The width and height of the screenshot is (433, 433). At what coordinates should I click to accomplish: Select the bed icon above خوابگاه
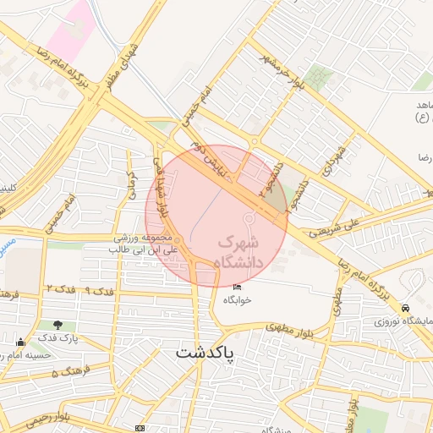pyautogui.click(x=237, y=289)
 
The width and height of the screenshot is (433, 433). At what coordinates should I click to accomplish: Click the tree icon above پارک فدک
pyautogui.click(x=58, y=325)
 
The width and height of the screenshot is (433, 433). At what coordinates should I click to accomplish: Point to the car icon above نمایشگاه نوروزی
pyautogui.click(x=406, y=308)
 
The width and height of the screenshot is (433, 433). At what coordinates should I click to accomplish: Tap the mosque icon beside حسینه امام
pyautogui.click(x=20, y=343)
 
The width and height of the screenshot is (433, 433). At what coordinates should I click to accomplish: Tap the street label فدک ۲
pyautogui.click(x=62, y=289)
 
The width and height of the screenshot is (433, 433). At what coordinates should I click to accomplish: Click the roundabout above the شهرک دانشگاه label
pyautogui.click(x=249, y=220)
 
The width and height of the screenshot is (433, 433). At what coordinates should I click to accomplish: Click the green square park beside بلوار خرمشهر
pyautogui.click(x=319, y=77)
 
